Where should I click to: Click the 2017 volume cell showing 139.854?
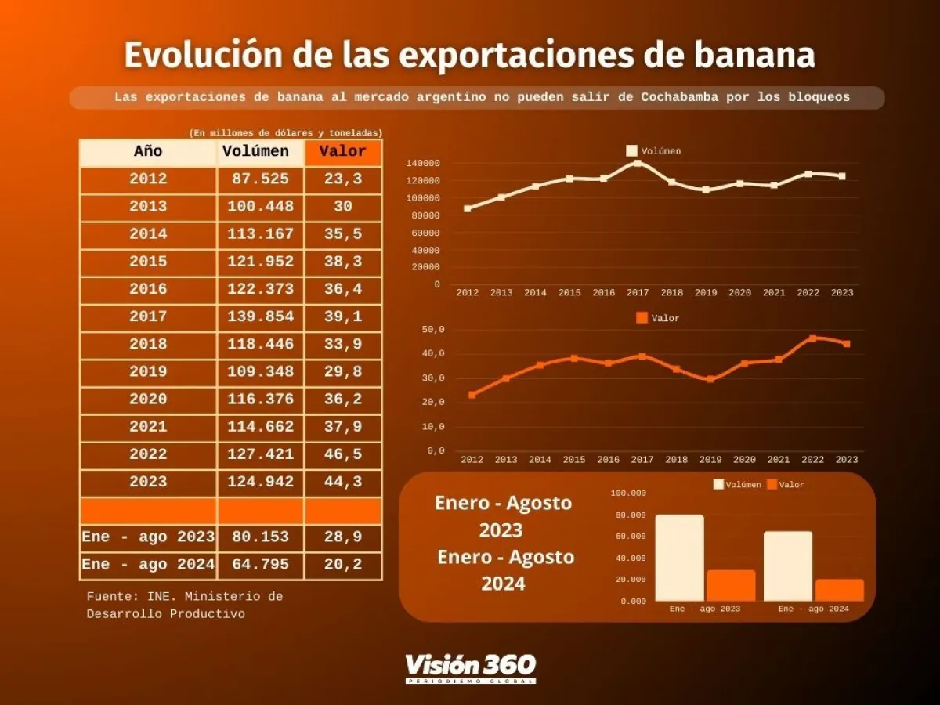tap(260, 316)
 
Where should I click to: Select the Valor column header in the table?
tap(343, 152)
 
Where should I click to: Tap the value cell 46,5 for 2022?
tap(343, 454)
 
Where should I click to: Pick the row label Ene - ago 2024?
tap(148, 565)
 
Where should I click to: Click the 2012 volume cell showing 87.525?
tap(260, 179)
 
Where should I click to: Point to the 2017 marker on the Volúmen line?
tap(638, 164)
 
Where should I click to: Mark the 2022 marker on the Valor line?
tap(812, 338)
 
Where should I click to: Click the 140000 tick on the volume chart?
tap(423, 164)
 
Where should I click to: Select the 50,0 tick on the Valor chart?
tap(433, 330)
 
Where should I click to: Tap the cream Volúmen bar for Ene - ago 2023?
tap(679, 558)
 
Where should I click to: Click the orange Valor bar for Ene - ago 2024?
tap(839, 590)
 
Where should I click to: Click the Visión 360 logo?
tap(470, 667)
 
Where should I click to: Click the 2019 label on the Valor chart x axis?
tap(710, 460)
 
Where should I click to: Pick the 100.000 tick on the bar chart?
tap(628, 493)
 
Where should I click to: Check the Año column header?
tap(148, 152)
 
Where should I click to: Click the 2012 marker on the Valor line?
tap(472, 395)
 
